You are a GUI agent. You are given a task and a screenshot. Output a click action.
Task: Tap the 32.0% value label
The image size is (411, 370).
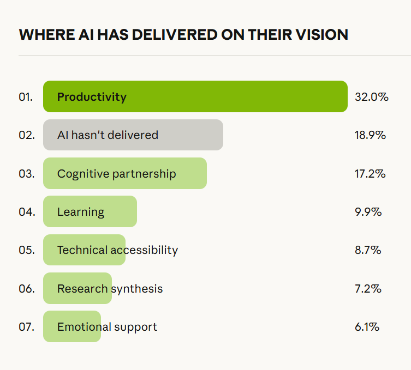tap(371, 97)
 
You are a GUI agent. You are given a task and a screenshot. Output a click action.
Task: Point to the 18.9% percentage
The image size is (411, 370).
tap(370, 135)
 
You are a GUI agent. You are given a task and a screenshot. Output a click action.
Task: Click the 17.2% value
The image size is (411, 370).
tap(370, 174)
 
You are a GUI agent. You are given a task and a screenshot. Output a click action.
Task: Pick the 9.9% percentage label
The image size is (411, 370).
tap(368, 212)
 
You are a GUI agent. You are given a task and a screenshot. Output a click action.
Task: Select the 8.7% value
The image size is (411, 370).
tap(368, 250)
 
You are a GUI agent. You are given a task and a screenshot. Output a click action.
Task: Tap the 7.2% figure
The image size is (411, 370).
tap(368, 289)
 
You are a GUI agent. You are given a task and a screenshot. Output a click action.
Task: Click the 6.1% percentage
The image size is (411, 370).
tap(367, 327)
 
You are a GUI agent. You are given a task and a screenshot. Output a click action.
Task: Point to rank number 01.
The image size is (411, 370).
tap(26, 98)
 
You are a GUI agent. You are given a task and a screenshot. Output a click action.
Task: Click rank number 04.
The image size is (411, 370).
tap(26, 212)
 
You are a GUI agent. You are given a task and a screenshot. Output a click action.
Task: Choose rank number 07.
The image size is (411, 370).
tap(26, 327)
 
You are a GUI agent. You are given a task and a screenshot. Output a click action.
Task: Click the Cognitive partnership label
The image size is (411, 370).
tap(116, 174)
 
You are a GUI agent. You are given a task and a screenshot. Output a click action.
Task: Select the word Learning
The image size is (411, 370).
tap(81, 212)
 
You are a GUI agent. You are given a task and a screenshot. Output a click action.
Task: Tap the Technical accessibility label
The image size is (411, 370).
tap(117, 250)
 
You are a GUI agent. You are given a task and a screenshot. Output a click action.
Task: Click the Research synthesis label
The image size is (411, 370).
tap(110, 289)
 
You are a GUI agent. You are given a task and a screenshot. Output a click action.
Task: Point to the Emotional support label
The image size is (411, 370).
tap(107, 327)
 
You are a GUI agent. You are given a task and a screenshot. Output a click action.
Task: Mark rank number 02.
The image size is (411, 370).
tap(26, 135)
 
